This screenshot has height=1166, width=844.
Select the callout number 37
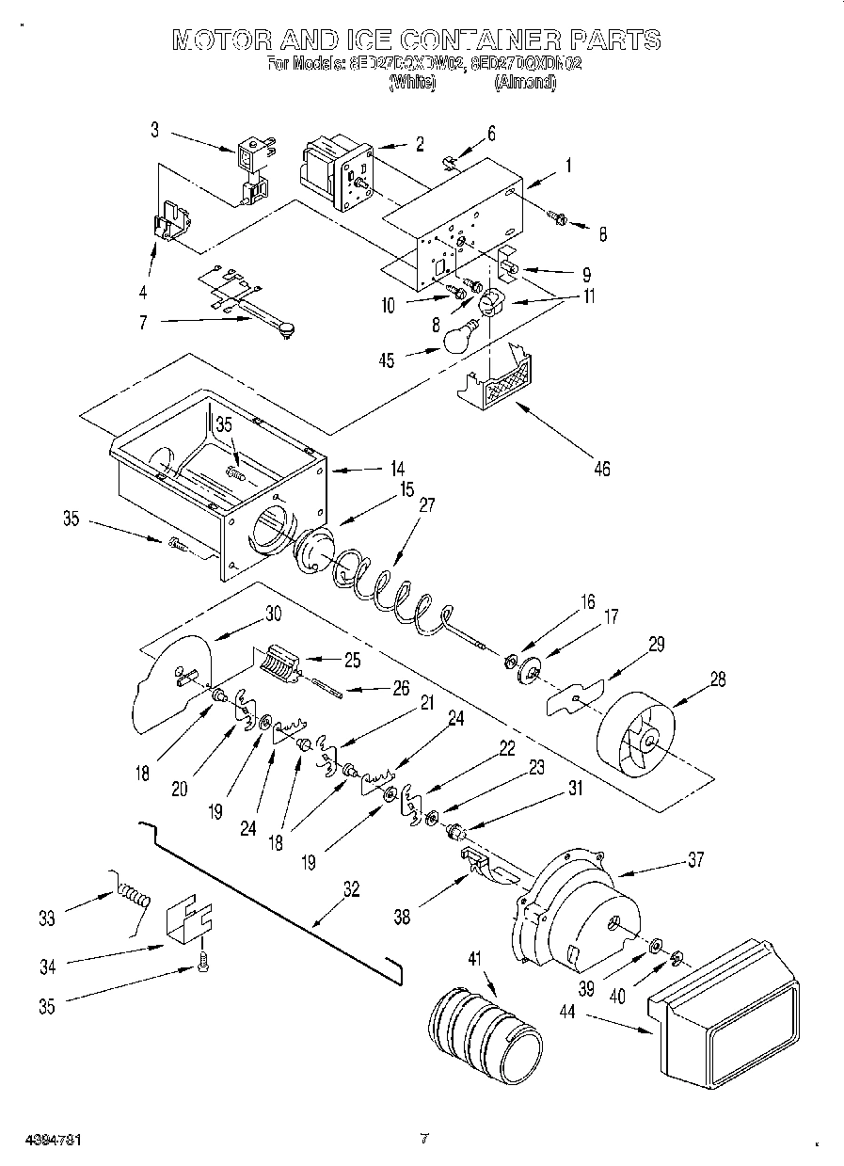[694, 858]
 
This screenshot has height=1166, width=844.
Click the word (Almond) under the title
[525, 83]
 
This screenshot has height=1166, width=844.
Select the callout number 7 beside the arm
[143, 322]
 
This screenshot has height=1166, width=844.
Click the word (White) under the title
[412, 83]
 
